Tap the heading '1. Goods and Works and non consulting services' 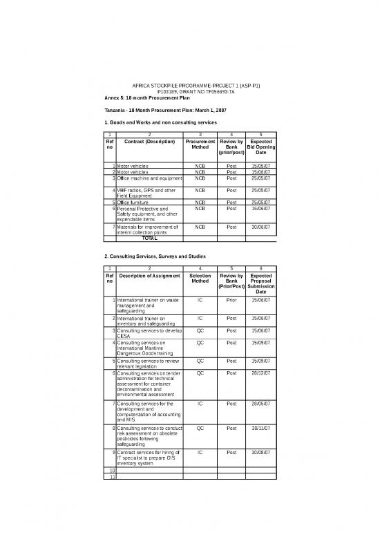click(x=160, y=122)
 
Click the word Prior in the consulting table click(x=231, y=300)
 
